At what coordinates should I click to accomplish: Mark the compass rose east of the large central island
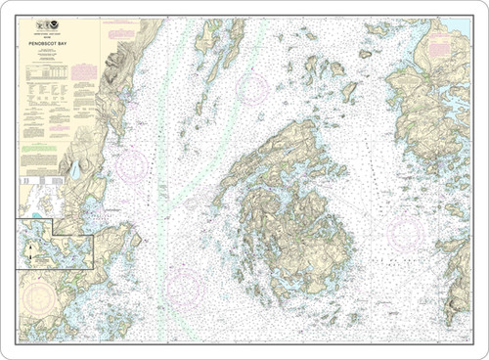(x=407, y=234)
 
